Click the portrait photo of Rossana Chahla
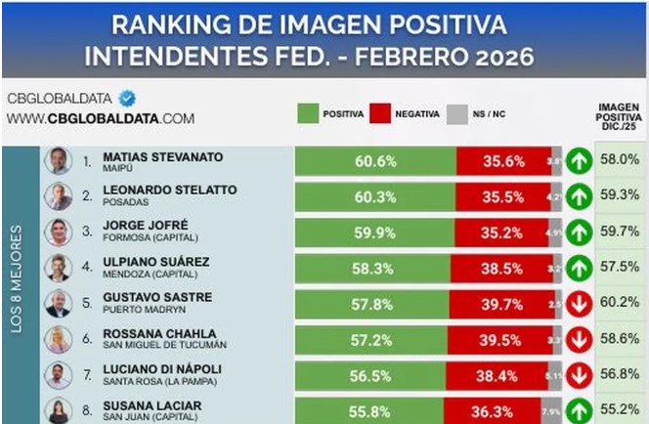point(59,339)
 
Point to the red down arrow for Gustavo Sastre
point(579,304)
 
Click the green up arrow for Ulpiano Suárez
point(579,268)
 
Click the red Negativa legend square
point(380,114)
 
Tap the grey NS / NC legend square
point(455,114)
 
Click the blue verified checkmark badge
point(127,99)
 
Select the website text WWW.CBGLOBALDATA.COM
point(100,118)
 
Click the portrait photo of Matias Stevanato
point(59,160)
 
